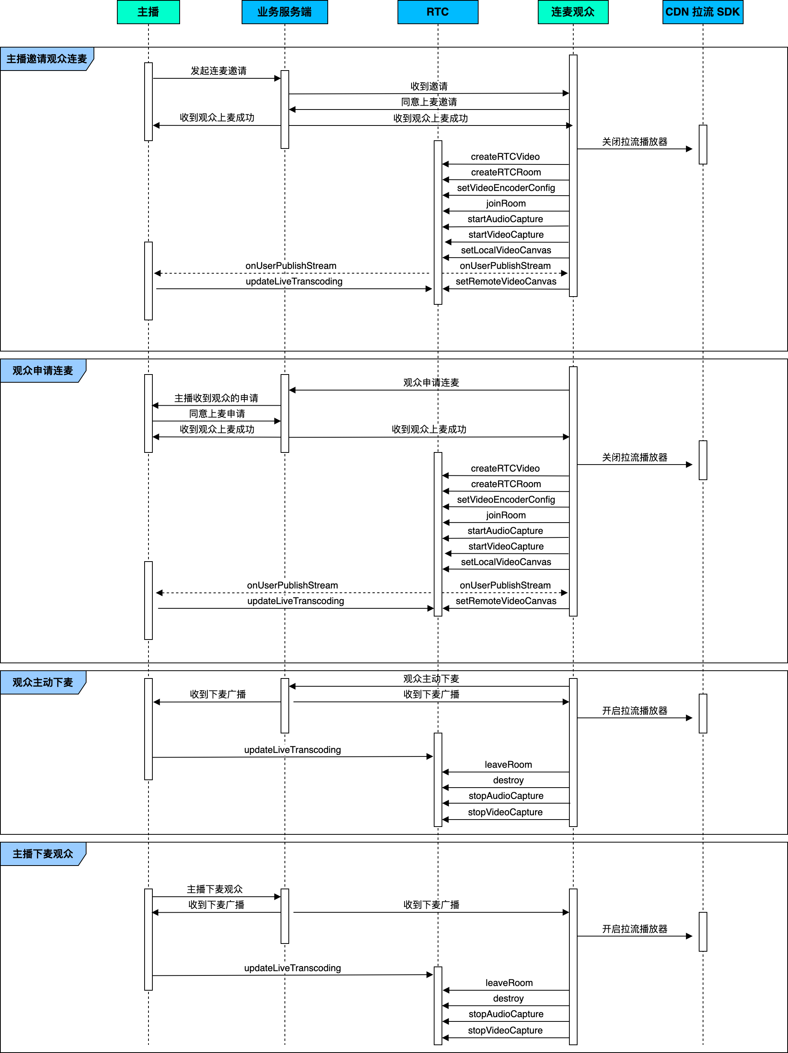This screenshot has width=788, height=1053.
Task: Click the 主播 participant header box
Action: [148, 12]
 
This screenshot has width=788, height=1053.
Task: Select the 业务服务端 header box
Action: [285, 12]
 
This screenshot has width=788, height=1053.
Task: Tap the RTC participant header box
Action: [438, 12]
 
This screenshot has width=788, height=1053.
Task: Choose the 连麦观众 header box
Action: [573, 12]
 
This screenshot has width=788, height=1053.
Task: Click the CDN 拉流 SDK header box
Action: [703, 12]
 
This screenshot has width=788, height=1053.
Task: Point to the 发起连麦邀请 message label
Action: [219, 71]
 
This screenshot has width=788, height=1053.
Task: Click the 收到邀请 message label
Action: [429, 86]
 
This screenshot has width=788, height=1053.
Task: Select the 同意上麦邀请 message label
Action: [429, 102]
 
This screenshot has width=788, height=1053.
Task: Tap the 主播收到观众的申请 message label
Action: [216, 398]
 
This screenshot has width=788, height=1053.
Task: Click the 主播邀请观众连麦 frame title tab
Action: [47, 59]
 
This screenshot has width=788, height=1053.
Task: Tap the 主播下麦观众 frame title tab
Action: [43, 854]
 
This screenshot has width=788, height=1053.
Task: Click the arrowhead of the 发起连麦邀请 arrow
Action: [279, 78]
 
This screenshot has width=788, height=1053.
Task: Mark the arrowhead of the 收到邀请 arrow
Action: [567, 93]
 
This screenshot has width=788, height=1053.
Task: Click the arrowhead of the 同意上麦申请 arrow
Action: [279, 421]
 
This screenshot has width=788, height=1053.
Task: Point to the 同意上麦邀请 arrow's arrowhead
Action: [292, 110]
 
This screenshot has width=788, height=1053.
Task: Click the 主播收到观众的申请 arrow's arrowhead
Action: [155, 406]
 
